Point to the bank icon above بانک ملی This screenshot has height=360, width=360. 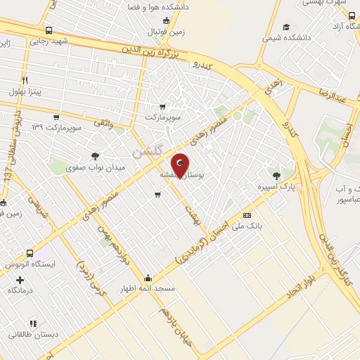[247, 215]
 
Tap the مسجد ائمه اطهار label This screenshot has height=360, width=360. [147, 289]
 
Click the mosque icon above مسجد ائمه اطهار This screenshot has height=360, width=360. [147, 278]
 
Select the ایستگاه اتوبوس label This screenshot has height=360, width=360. [30, 264]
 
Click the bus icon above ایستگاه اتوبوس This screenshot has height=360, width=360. [30, 253]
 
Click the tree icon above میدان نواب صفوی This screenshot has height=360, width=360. [96, 156]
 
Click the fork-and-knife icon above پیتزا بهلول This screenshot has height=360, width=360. [25, 80]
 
